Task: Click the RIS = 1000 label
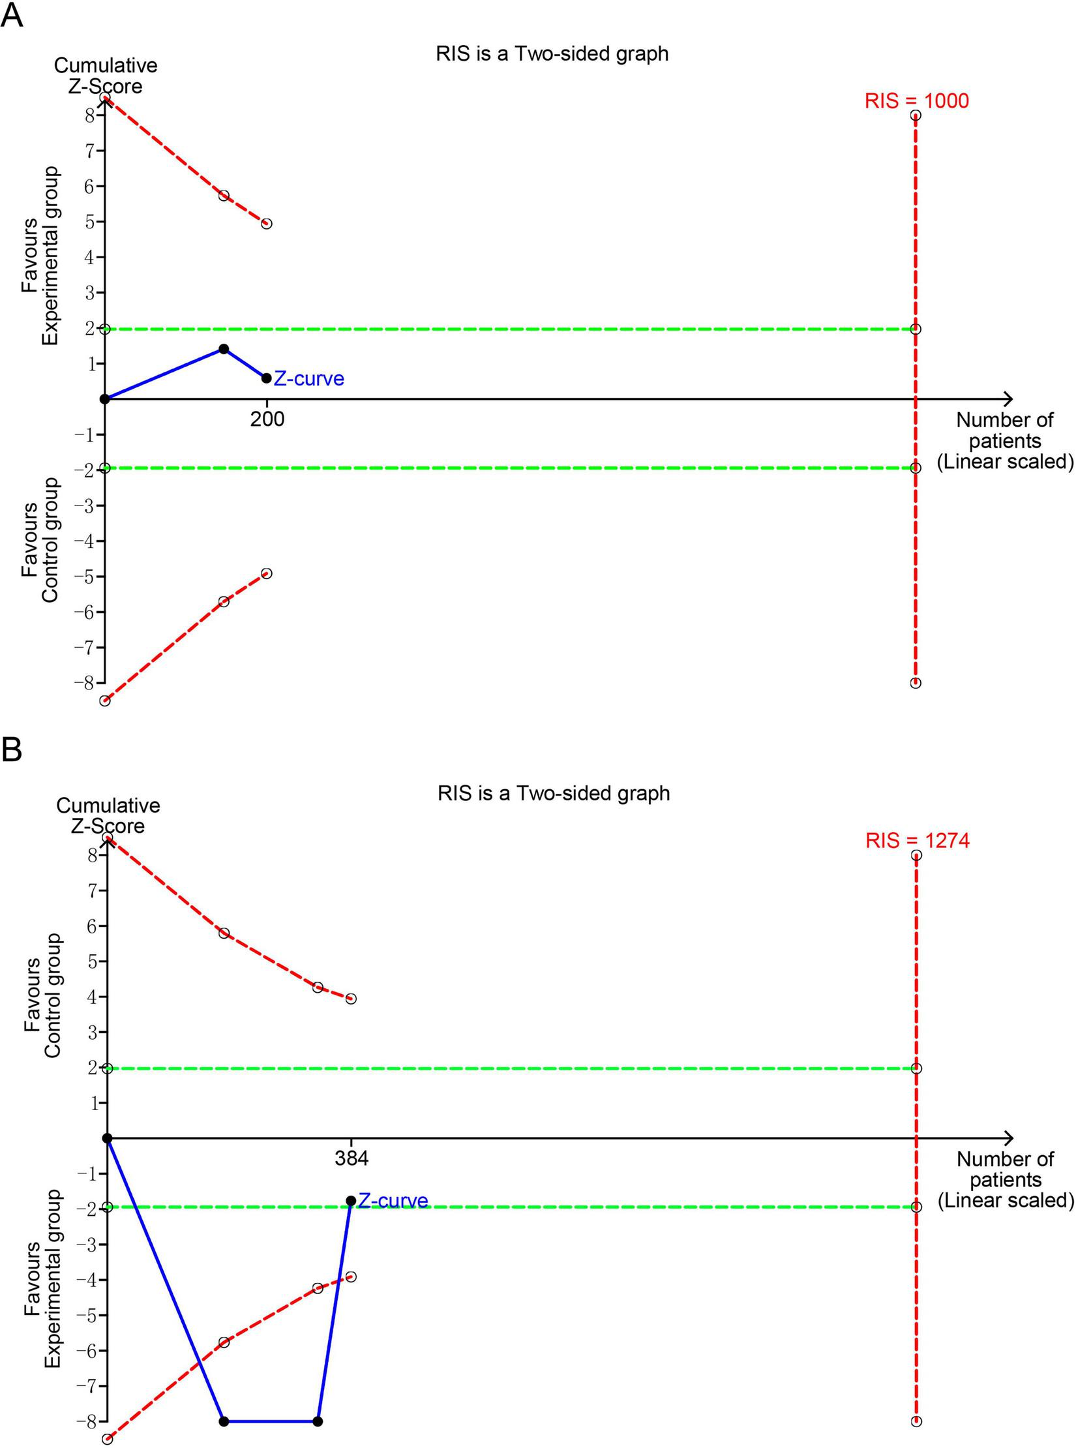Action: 916,101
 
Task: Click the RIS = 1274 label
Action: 917,841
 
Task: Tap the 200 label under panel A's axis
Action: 267,419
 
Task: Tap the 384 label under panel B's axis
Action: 351,1158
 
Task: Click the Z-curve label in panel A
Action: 308,379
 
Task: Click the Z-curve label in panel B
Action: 393,1201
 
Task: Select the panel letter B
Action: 12,750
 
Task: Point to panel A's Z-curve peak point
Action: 224,349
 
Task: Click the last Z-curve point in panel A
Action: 266,378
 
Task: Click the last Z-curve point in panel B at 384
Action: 351,1201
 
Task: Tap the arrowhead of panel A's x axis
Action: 1009,399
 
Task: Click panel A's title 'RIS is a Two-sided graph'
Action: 552,53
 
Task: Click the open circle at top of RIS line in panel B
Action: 916,855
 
